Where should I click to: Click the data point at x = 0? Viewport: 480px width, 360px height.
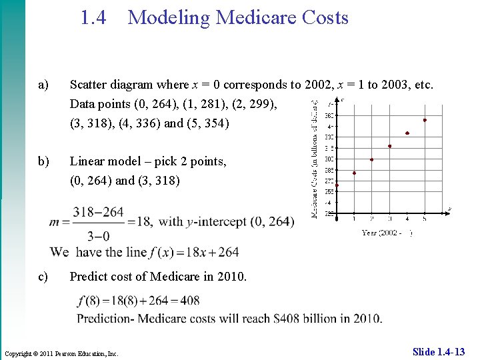click(x=337, y=185)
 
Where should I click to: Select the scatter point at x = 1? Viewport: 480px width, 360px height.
click(x=354, y=173)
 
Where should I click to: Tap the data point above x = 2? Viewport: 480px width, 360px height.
click(x=372, y=159)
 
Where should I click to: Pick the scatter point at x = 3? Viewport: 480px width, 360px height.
click(x=389, y=146)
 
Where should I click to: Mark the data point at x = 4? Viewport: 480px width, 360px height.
click(x=407, y=133)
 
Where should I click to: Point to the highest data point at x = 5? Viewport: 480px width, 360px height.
click(x=425, y=120)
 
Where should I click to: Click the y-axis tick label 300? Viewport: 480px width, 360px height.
click(x=329, y=159)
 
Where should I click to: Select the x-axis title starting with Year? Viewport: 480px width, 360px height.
click(x=387, y=233)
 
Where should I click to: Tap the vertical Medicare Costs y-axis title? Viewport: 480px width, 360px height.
click(x=315, y=159)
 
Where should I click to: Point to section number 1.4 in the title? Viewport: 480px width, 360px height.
click(x=93, y=18)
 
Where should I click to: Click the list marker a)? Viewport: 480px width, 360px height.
click(x=44, y=85)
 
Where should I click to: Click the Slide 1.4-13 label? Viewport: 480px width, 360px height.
click(x=439, y=351)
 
